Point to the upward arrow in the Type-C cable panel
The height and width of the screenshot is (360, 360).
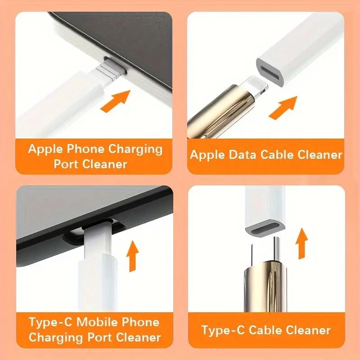coord(302,243)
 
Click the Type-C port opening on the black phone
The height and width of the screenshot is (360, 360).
coord(97,225)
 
